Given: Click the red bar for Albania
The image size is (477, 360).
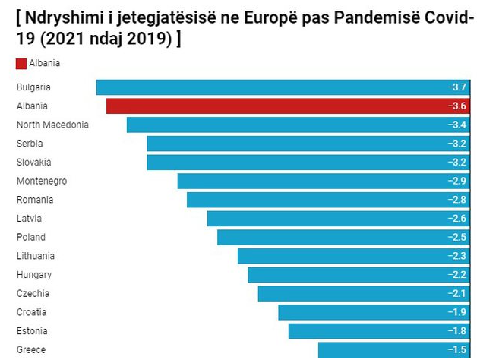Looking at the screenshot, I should click(289, 106).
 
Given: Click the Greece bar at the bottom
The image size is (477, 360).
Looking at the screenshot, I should click(394, 349).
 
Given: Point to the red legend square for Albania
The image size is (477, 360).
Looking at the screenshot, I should click(21, 64).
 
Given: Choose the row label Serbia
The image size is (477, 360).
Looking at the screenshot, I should click(30, 144).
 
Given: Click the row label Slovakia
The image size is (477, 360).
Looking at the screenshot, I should click(33, 163).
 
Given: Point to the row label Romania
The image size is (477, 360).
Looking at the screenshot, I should click(35, 200).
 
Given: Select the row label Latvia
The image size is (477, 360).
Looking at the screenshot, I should click(29, 219).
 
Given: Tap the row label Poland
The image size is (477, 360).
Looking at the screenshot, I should click(30, 237).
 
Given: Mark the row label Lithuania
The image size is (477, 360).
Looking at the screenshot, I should click(36, 256).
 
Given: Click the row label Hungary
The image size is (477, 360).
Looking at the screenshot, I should click(34, 275).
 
